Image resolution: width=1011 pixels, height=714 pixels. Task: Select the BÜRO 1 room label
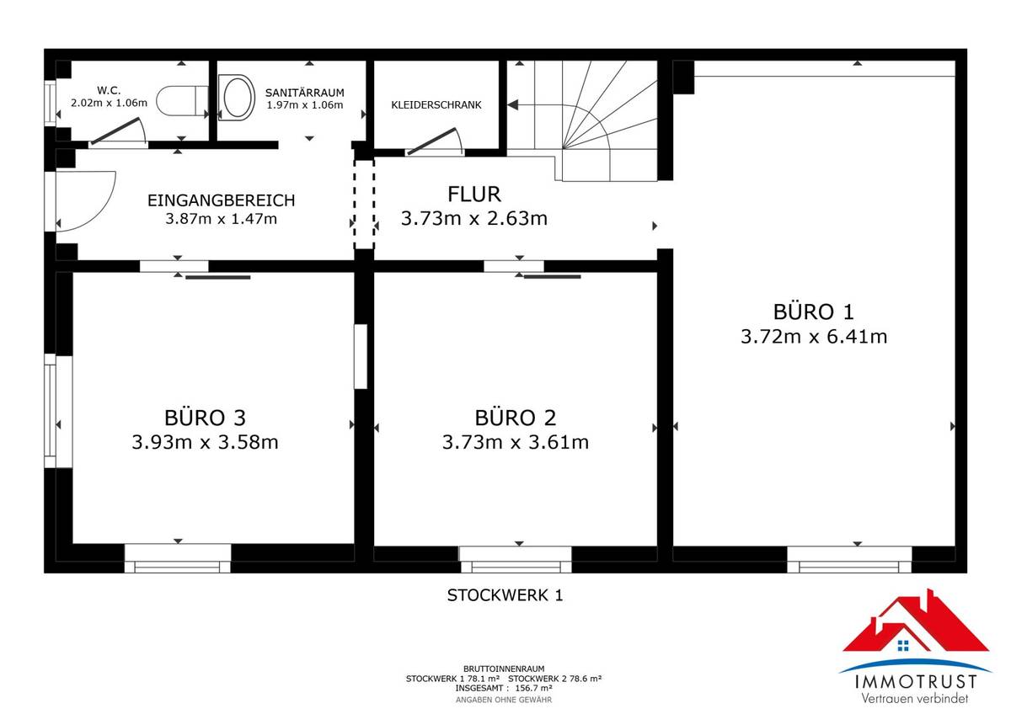pyautogui.click(x=814, y=312)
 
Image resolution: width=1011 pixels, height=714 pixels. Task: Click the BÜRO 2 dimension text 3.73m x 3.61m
pyautogui.click(x=515, y=442)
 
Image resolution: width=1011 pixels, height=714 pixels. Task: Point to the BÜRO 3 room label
pyautogui.click(x=205, y=418)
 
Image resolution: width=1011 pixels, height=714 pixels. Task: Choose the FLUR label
pyautogui.click(x=474, y=194)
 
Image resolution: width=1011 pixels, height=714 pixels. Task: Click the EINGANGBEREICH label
pyautogui.click(x=221, y=200)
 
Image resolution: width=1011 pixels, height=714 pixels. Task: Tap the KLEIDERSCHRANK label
pyautogui.click(x=436, y=105)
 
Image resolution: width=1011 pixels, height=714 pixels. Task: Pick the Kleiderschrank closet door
pyautogui.click(x=435, y=141)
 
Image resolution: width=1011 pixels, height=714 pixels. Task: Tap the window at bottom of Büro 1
pyautogui.click(x=849, y=560)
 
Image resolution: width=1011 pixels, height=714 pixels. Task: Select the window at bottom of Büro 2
pyautogui.click(x=515, y=560)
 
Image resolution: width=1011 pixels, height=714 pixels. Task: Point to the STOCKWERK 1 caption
pyautogui.click(x=505, y=595)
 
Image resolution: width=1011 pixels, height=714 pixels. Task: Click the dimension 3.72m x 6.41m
pyautogui.click(x=814, y=337)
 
